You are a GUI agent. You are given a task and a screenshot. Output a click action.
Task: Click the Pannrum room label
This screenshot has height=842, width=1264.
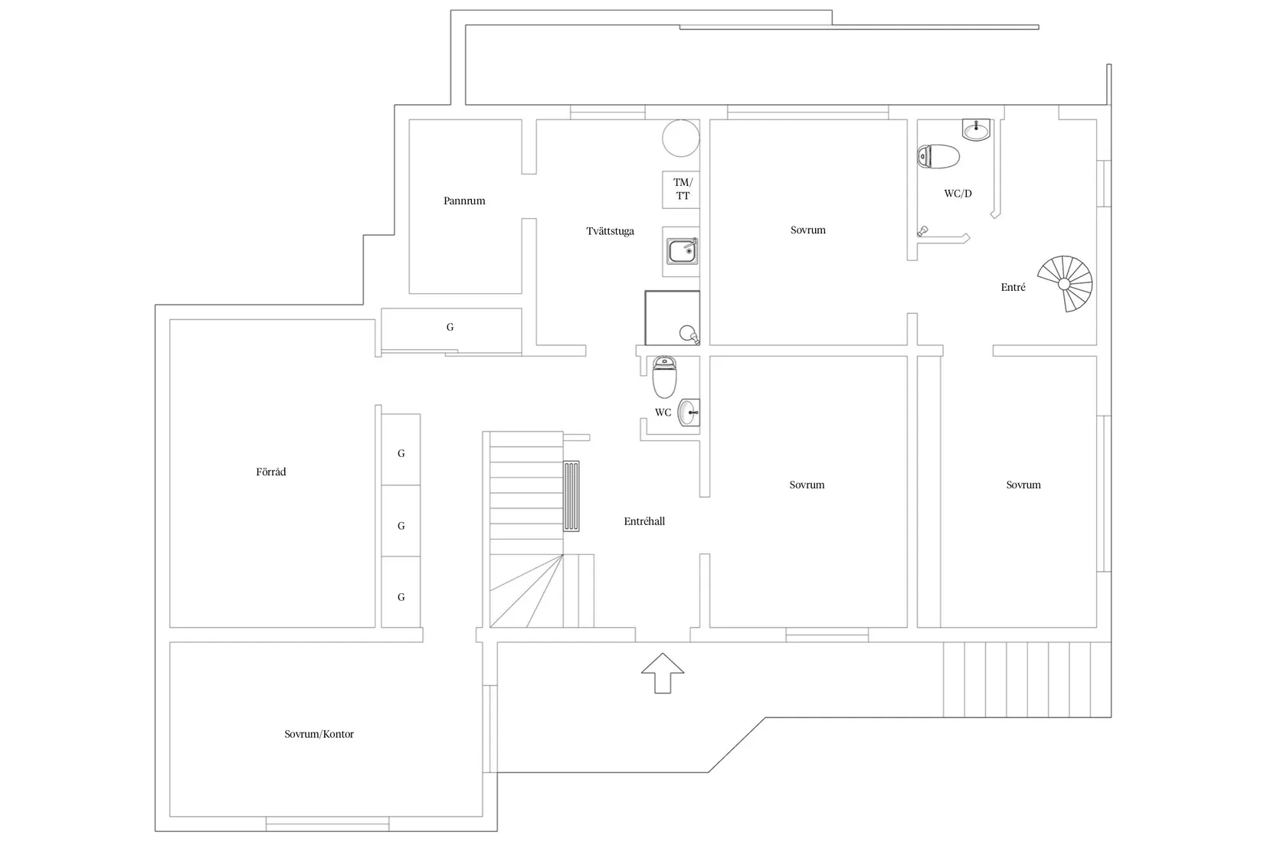pyautogui.click(x=463, y=201)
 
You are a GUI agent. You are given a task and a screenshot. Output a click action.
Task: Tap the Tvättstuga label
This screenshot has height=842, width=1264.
pyautogui.click(x=610, y=231)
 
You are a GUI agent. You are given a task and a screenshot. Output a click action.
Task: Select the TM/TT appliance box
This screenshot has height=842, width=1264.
pyautogui.click(x=681, y=190)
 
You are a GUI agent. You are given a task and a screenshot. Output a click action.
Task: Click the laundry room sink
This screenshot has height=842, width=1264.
pyautogui.click(x=683, y=251)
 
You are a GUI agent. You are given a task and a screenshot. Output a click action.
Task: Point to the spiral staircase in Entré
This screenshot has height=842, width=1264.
pyautogui.click(x=1066, y=284)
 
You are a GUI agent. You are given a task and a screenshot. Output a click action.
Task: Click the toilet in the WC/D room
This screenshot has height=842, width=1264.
pyautogui.click(x=938, y=156)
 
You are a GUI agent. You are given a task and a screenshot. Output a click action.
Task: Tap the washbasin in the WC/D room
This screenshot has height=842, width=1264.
pyautogui.click(x=976, y=129)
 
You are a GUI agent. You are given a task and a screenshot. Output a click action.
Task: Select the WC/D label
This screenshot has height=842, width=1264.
pyautogui.click(x=958, y=194)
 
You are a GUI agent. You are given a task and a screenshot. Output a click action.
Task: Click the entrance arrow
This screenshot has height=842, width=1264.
pyautogui.click(x=663, y=673)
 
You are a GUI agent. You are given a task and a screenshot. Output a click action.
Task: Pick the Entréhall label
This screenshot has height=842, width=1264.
pyautogui.click(x=644, y=522)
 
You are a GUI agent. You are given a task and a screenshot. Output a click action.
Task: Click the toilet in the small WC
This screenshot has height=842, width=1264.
pyautogui.click(x=664, y=377)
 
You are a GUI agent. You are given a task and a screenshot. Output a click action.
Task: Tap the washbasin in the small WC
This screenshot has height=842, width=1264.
pyautogui.click(x=689, y=413)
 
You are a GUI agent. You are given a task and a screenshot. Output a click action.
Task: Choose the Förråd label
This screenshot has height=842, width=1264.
pyautogui.click(x=271, y=472)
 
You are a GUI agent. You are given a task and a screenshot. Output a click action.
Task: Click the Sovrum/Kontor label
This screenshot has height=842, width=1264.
pyautogui.click(x=319, y=734)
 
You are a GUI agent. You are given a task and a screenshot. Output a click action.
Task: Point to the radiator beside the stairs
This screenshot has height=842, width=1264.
pyautogui.click(x=571, y=496)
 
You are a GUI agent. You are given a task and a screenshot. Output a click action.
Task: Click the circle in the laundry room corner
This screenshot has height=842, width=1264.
pyautogui.click(x=681, y=138)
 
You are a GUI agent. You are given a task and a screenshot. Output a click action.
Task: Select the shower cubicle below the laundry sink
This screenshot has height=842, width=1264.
pyautogui.click(x=672, y=318)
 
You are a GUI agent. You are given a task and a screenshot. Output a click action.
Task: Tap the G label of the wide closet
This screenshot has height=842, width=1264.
pyautogui.click(x=450, y=327)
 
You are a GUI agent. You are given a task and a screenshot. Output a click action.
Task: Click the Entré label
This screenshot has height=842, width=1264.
pyautogui.click(x=1013, y=287)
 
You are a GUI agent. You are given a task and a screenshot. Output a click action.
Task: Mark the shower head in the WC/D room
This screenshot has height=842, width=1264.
pyautogui.click(x=922, y=231)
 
